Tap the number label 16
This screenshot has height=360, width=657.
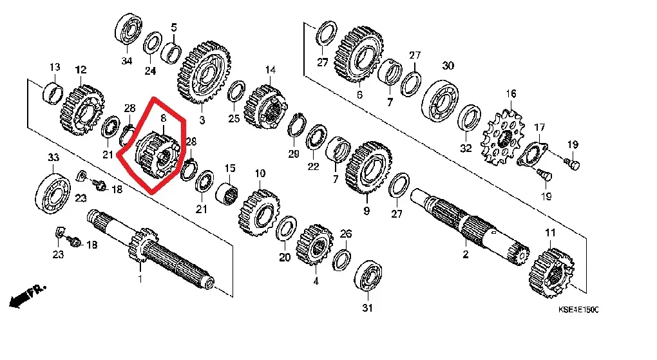tap(511, 94)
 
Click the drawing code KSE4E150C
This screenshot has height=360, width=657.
tap(578, 310)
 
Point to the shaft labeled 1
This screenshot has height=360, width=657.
tap(161, 254)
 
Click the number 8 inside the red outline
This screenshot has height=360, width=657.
tap(163, 118)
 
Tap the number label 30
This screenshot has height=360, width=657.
tap(448, 66)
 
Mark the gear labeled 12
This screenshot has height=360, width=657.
tap(81, 109)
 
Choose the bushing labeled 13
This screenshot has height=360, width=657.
tap(52, 91)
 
